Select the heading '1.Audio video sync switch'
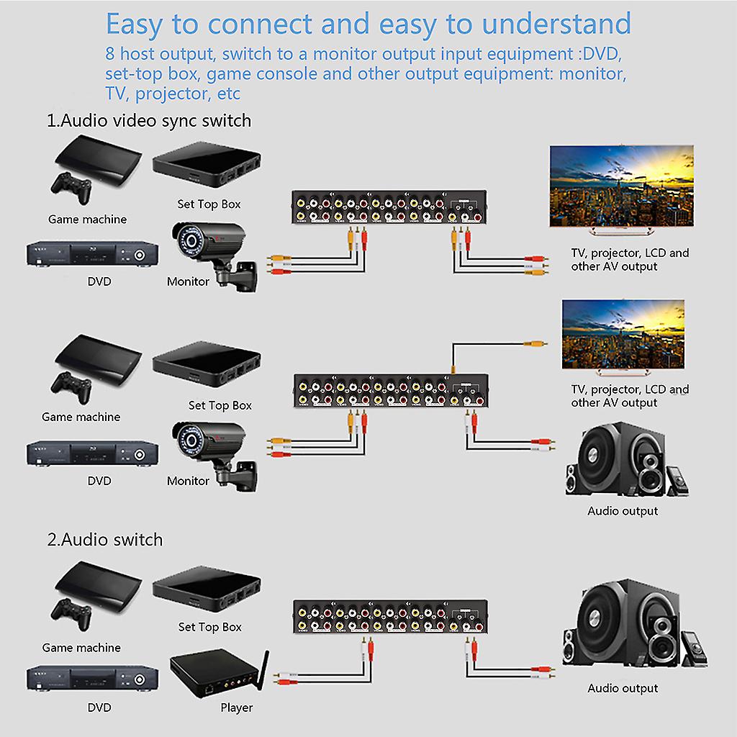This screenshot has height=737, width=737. (149, 120)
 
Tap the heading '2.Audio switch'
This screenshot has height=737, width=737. (105, 539)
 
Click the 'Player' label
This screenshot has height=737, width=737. (236, 707)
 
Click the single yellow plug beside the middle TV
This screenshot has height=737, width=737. (535, 345)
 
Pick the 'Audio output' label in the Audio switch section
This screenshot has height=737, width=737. (623, 688)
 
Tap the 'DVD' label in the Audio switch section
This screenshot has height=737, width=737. (99, 707)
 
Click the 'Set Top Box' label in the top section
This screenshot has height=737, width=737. (209, 204)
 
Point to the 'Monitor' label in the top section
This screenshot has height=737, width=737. (188, 281)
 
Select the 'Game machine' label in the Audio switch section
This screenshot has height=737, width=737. (81, 648)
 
